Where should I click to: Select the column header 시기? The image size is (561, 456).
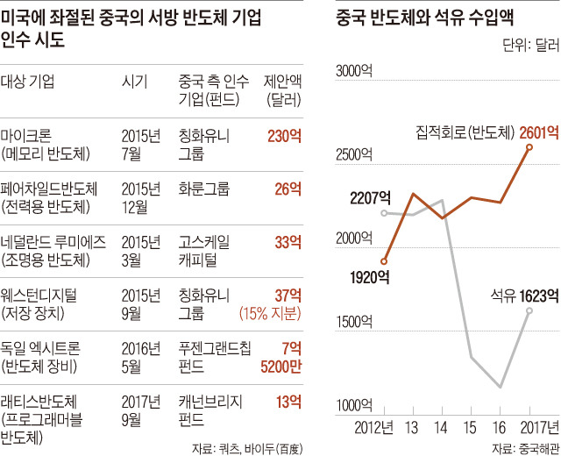click(133, 82)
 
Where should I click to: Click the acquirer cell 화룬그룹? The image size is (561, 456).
click(203, 189)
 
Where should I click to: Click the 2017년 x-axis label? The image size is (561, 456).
click(532, 427)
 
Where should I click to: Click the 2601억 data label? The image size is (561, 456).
click(538, 132)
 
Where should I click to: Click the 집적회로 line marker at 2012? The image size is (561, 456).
click(385, 260)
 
